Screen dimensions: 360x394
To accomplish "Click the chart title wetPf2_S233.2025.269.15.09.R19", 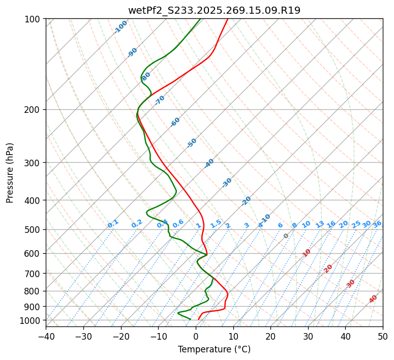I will pos(214,10).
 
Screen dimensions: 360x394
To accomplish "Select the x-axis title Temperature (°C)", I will pos(214,350).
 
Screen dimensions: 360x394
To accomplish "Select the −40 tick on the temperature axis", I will pos(46,337).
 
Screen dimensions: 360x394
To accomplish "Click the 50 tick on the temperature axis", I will pos(383,337).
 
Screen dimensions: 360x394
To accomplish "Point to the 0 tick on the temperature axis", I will pos(196,337).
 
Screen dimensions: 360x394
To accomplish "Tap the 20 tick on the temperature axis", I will pos(270,337).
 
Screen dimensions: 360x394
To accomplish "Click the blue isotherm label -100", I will pos(121,26).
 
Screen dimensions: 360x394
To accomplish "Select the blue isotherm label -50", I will pos(192,143).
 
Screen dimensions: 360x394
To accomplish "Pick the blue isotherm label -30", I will pos(227,183).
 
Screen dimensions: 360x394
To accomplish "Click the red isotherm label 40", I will pos(373,299).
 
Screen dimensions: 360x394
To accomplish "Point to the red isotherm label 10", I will pos(307,253).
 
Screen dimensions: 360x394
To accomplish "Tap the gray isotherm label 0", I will pos(286,236).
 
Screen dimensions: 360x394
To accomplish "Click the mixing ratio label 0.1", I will pos(113,224).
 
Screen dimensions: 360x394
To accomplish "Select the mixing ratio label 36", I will pos(377,224).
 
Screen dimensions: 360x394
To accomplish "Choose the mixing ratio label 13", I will pos(320,224).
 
